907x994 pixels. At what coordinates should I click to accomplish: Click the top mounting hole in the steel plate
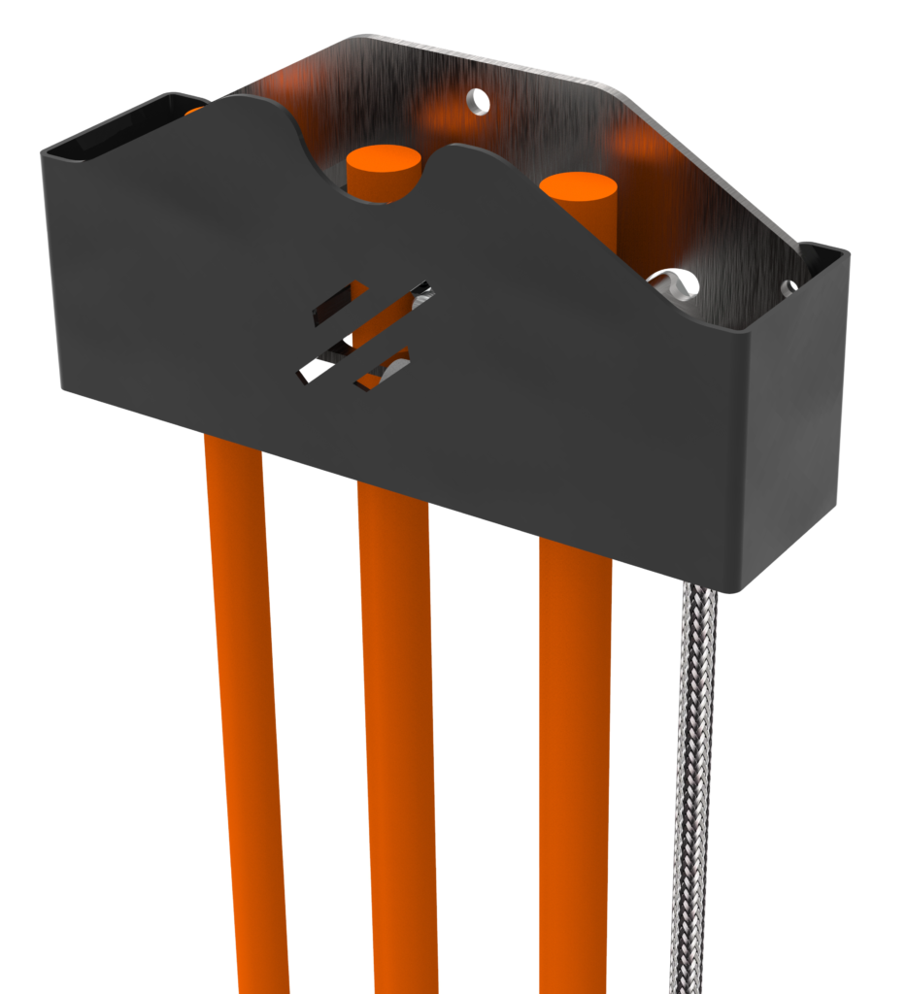coord(477,99)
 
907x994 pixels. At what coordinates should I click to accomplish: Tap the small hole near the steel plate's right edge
coord(789,287)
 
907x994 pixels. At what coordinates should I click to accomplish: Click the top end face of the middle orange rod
coord(384,160)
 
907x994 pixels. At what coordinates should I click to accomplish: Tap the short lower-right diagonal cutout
coord(383,375)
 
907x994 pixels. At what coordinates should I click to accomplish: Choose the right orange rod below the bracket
coord(575,777)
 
